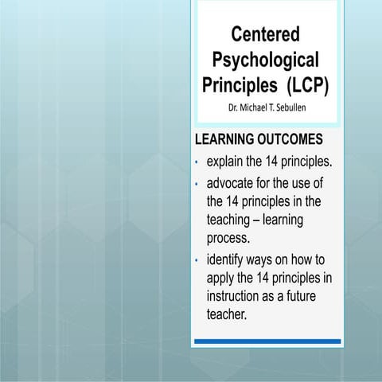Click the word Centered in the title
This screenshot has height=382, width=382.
(x=266, y=34)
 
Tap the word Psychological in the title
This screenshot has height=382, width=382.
(x=266, y=59)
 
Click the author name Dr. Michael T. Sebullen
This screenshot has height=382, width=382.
(x=266, y=107)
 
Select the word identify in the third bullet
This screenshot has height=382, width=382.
(x=228, y=259)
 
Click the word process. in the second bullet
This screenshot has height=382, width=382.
(x=228, y=238)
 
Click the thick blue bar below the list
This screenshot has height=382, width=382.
(x=267, y=341)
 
